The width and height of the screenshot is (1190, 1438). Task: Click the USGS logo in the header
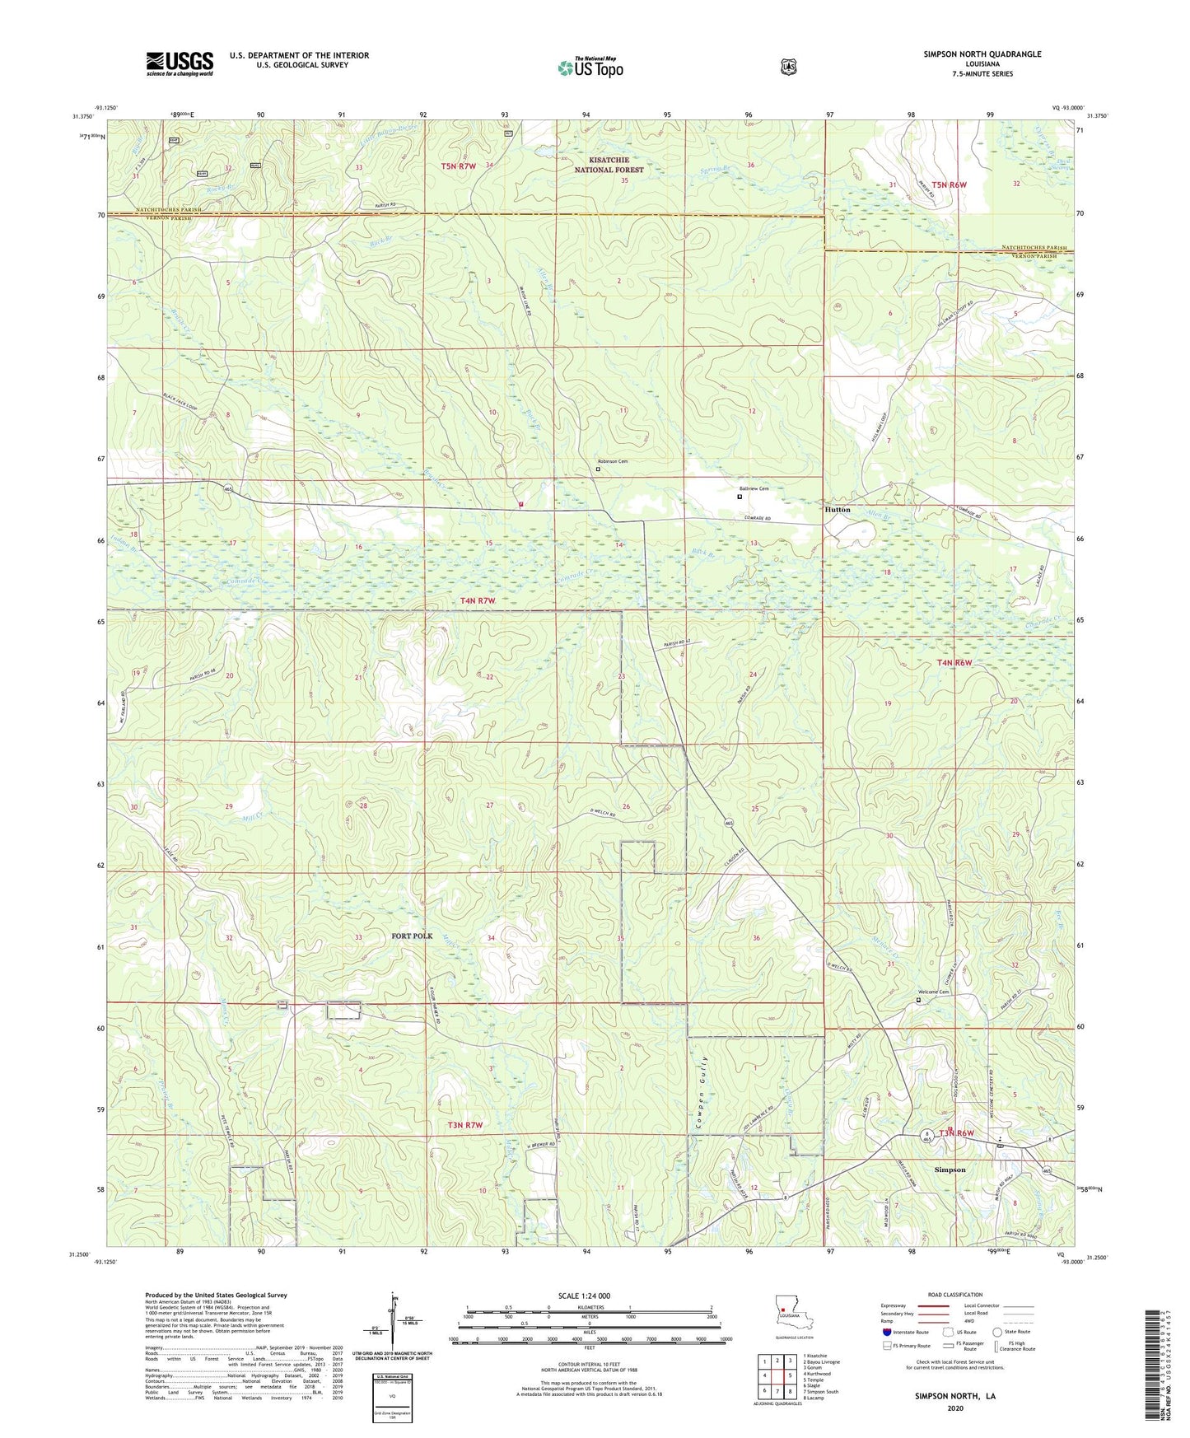(180, 63)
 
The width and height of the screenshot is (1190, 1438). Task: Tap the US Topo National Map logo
(590, 67)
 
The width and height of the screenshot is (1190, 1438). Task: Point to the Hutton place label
(838, 510)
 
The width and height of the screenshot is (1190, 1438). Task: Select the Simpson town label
(950, 1170)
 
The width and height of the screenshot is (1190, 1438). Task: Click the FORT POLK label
(412, 936)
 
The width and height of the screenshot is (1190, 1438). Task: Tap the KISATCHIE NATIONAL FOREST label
(604, 165)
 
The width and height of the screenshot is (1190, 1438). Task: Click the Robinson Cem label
(613, 461)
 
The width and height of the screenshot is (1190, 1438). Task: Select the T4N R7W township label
(478, 600)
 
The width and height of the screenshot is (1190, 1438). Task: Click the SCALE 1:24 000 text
(584, 1296)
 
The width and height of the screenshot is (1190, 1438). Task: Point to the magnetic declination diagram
(393, 1323)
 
